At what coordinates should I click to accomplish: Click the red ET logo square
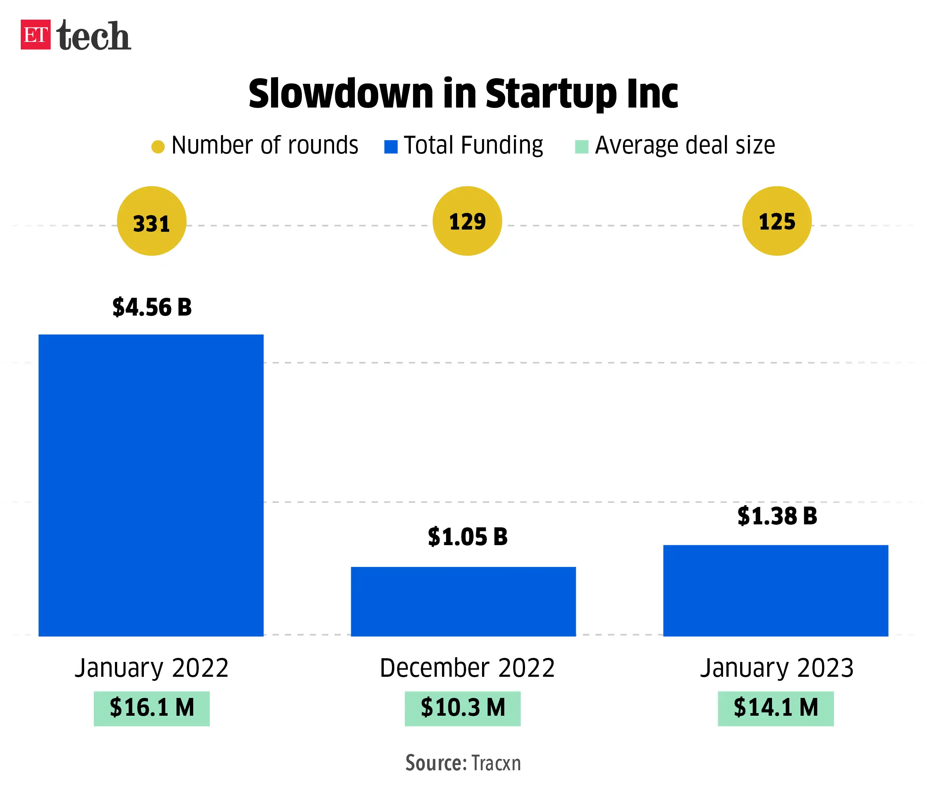[35, 34]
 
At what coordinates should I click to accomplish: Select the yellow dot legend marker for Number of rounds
[158, 147]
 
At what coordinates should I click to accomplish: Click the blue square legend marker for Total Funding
[390, 147]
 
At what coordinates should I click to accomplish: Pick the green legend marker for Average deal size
[581, 147]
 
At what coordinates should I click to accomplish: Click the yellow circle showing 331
[152, 221]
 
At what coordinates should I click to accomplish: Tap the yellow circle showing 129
[467, 221]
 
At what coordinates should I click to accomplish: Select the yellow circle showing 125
[777, 221]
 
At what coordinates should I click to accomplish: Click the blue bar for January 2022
[151, 485]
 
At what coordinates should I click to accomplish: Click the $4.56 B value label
[152, 307]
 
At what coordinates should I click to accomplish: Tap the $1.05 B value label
[468, 537]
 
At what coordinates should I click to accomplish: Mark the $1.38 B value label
[777, 516]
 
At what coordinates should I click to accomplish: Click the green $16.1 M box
[152, 708]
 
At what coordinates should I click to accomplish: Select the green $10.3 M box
[463, 708]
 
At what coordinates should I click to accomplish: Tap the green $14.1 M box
[775, 708]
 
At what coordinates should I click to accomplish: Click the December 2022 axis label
[467, 668]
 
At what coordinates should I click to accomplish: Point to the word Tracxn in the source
[496, 763]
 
